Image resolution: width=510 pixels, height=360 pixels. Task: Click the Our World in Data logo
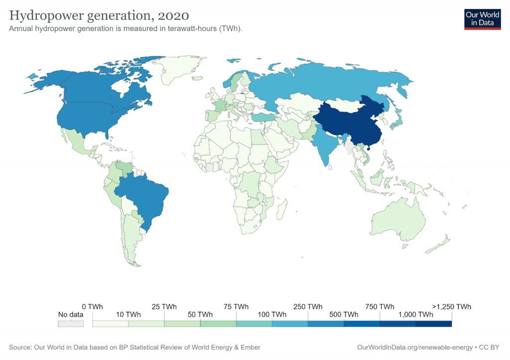[x=482, y=18]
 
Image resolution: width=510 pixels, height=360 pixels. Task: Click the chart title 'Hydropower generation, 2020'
[x=99, y=16]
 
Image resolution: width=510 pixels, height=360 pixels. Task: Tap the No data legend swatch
[x=70, y=324]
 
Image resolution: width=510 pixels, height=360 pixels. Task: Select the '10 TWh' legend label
[x=128, y=315]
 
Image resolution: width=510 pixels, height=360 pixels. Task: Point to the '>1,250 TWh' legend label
[x=452, y=306]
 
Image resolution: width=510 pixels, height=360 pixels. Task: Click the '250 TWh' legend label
[x=308, y=306]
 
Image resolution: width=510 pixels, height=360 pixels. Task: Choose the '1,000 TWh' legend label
[x=415, y=315]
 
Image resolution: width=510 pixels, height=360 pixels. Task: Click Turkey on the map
[x=264, y=118]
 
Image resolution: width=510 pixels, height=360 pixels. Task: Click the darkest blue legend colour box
[x=433, y=324]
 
